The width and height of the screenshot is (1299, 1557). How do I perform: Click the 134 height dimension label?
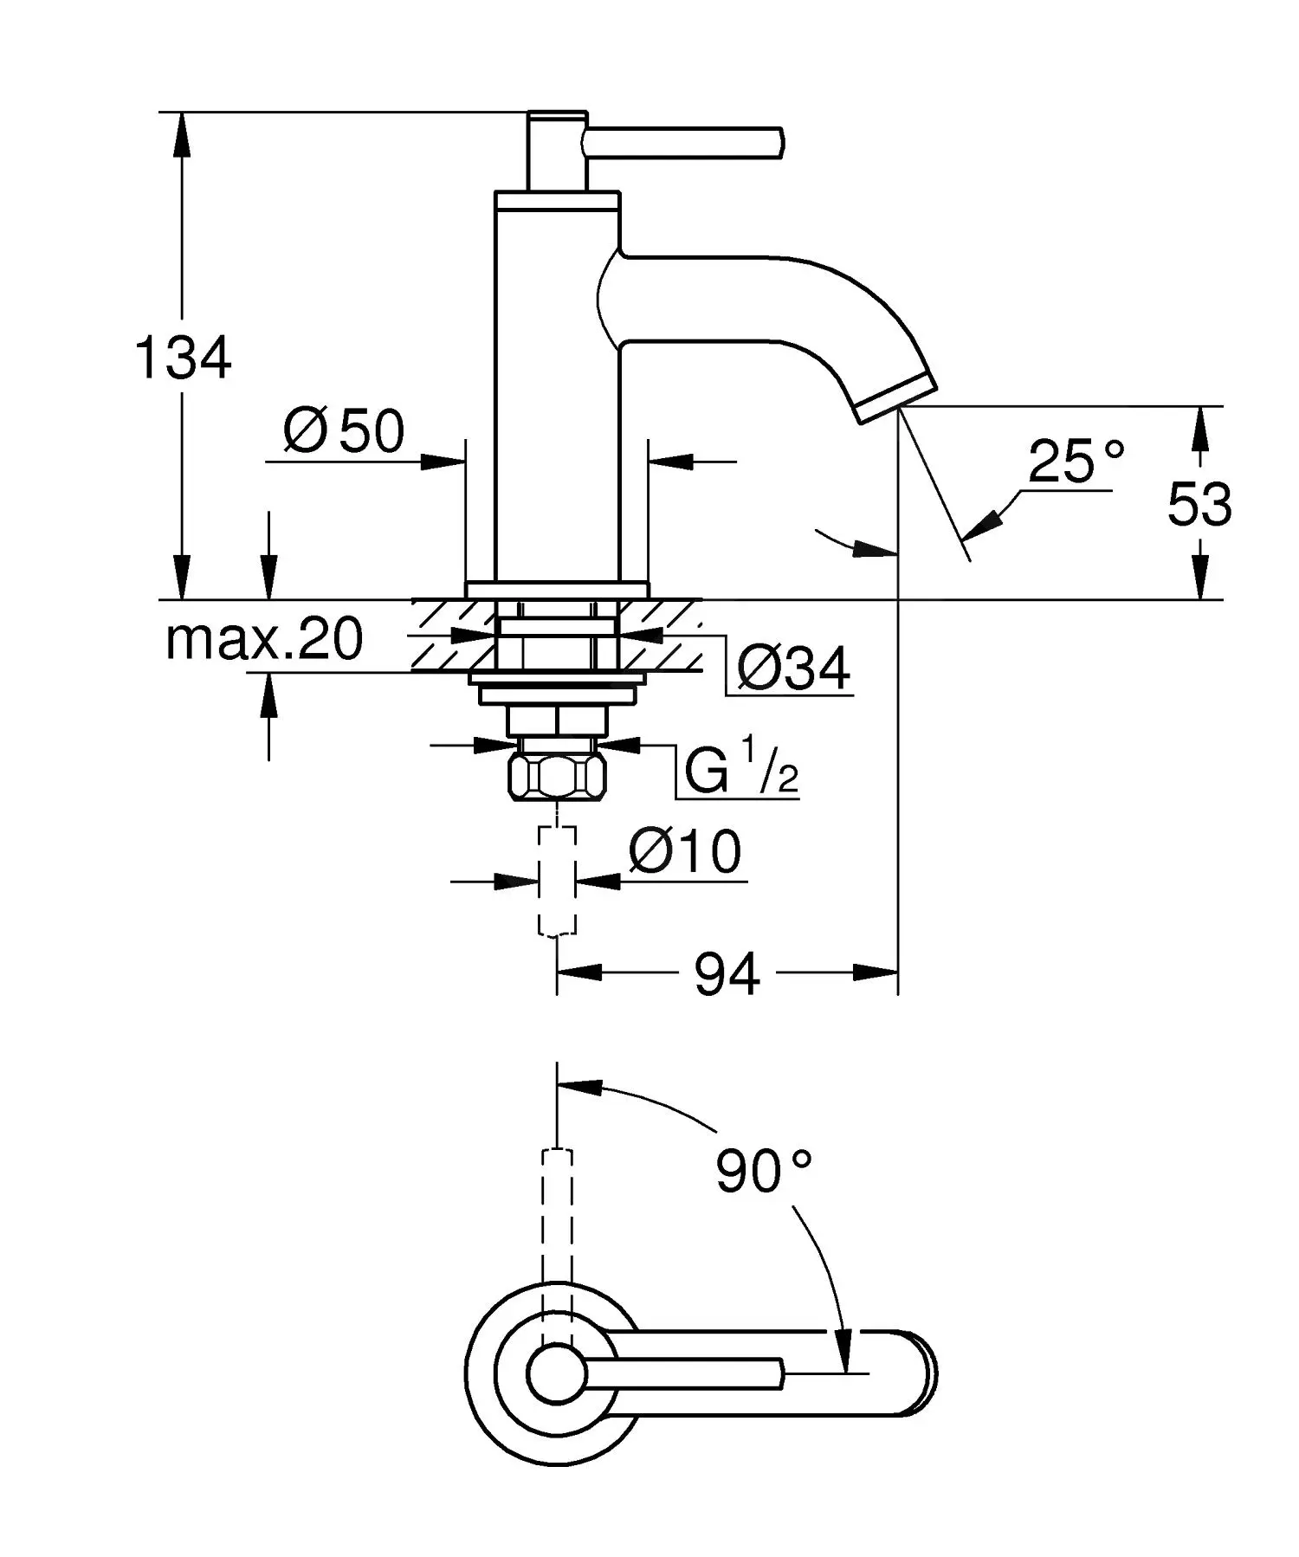click(x=184, y=357)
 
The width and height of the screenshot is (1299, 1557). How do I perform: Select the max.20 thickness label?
click(x=264, y=640)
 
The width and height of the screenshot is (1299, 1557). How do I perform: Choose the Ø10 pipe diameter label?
click(x=685, y=851)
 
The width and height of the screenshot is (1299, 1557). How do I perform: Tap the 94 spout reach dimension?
click(x=727, y=974)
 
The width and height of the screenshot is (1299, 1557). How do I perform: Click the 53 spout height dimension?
click(x=1199, y=503)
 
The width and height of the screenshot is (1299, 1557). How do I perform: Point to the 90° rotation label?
click(x=763, y=1172)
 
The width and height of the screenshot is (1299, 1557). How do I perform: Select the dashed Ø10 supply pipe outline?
click(x=557, y=880)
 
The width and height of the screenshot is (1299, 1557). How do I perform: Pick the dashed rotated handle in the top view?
click(x=557, y=1212)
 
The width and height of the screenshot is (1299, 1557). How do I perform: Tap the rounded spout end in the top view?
click(x=922, y=1373)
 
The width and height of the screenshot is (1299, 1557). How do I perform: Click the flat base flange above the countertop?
click(x=557, y=589)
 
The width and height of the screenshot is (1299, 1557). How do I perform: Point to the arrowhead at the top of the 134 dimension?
click(x=182, y=130)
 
